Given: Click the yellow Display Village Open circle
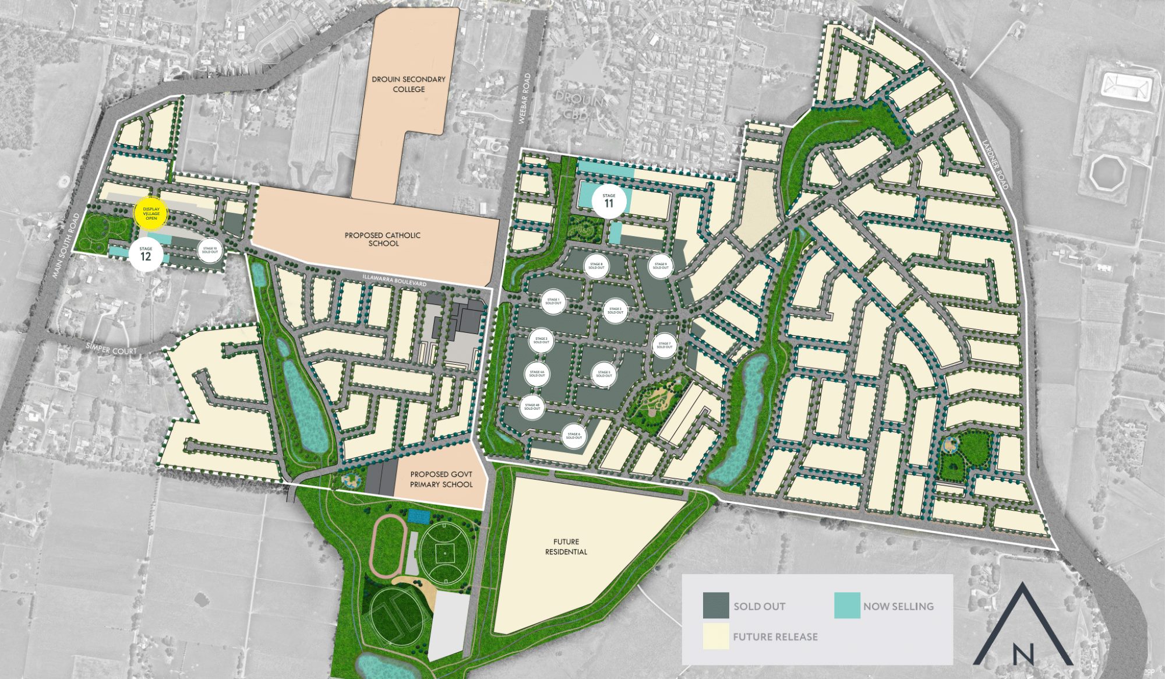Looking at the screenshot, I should [151, 214].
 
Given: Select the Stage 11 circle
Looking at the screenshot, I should [609, 201].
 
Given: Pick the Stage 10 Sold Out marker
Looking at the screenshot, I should [210, 251].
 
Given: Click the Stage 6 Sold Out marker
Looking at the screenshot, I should [574, 436].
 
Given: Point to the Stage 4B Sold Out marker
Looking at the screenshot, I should [532, 407].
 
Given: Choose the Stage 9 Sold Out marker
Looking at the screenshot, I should [661, 266].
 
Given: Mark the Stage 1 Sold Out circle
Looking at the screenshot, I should [553, 301].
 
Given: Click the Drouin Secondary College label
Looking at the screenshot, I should [408, 84].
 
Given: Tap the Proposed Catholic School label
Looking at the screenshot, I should [383, 239].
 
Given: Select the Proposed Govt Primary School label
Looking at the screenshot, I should [441, 479].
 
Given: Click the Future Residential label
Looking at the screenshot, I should [566, 547].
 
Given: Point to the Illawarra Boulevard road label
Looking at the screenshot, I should [394, 280].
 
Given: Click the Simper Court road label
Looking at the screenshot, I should [111, 350].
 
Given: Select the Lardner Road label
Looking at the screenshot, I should [994, 164].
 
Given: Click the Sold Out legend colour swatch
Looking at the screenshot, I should [716, 606].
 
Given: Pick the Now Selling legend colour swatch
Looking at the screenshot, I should [847, 606].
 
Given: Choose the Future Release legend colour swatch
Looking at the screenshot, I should [716, 636].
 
